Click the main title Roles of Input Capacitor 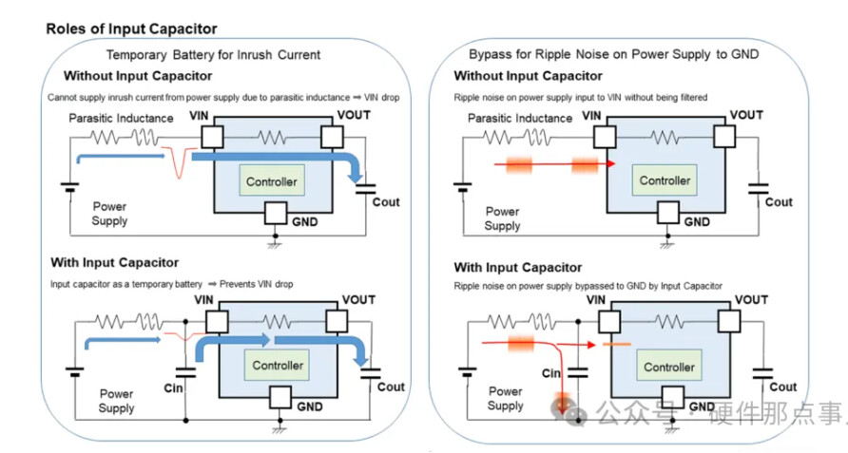tap(131, 29)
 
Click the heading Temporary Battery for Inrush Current tap(213, 55)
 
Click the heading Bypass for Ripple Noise tap(613, 55)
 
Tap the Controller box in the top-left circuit tap(271, 181)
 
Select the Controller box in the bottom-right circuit tap(669, 367)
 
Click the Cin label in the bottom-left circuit tap(174, 388)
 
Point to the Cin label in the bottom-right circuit tap(551, 373)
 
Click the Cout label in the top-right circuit tap(779, 201)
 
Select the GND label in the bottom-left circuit tap(310, 406)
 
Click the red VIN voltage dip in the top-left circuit tap(176, 163)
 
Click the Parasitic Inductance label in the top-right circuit tap(520, 118)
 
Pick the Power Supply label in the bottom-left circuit tap(117, 401)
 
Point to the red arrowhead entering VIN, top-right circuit tap(609, 164)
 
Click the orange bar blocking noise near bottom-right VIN tap(616, 344)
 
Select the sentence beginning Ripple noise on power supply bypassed tap(588, 285)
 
